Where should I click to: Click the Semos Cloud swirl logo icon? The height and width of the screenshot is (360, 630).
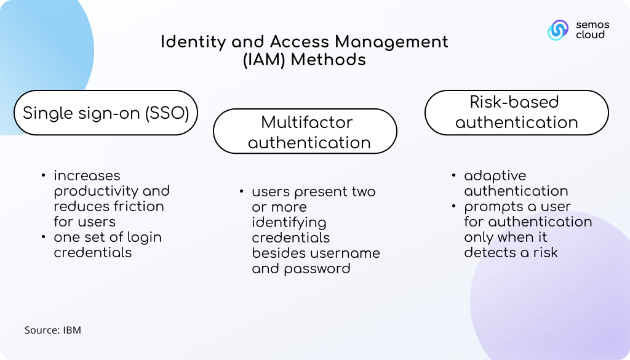(558, 30)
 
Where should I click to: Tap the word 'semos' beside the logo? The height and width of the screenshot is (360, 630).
(592, 25)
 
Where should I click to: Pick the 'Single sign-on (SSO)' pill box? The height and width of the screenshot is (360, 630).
(106, 113)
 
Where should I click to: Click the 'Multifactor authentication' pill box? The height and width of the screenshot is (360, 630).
(305, 131)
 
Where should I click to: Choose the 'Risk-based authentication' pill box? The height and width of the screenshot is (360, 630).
(517, 113)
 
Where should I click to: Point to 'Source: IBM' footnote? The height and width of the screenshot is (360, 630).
(53, 330)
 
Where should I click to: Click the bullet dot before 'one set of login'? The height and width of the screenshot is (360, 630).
(44, 237)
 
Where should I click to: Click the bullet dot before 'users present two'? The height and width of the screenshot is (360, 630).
(241, 191)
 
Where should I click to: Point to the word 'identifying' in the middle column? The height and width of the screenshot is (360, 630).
(289, 223)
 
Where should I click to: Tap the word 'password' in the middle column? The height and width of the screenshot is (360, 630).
(317, 269)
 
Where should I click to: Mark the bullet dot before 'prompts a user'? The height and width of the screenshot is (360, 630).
(453, 206)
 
